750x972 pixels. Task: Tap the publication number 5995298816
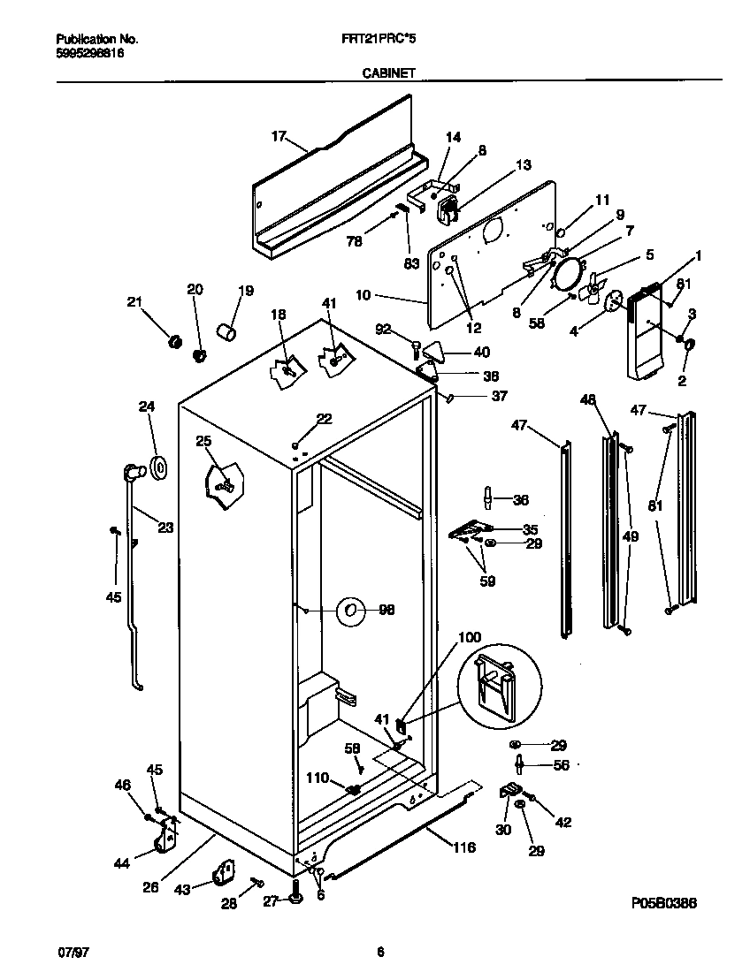click(89, 53)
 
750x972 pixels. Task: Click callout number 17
click(279, 136)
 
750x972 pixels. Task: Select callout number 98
click(386, 610)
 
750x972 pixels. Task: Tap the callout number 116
click(463, 847)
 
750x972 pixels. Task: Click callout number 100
click(470, 637)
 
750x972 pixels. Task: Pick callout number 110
click(318, 778)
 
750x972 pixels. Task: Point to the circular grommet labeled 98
click(350, 610)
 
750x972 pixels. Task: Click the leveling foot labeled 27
click(295, 899)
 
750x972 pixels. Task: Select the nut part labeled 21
click(175, 340)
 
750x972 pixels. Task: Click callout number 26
click(151, 887)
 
